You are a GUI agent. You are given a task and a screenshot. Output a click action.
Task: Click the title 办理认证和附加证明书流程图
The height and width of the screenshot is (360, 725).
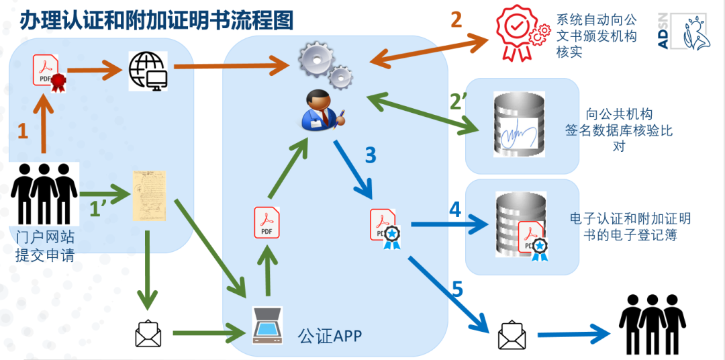tap(156, 20)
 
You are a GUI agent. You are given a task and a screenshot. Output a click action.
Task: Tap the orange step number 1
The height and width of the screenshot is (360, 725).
tap(23, 131)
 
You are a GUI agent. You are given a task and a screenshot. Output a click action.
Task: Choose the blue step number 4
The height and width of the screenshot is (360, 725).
tap(454, 210)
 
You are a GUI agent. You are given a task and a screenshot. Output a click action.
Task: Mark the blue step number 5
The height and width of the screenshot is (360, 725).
tap(457, 289)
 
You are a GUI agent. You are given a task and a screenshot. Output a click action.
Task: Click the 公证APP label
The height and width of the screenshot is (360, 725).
tap(330, 334)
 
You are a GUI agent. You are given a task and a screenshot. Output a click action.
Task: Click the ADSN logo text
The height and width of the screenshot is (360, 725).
tap(664, 33)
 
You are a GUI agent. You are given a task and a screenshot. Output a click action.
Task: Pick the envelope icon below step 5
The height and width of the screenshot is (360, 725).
tap(512, 335)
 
